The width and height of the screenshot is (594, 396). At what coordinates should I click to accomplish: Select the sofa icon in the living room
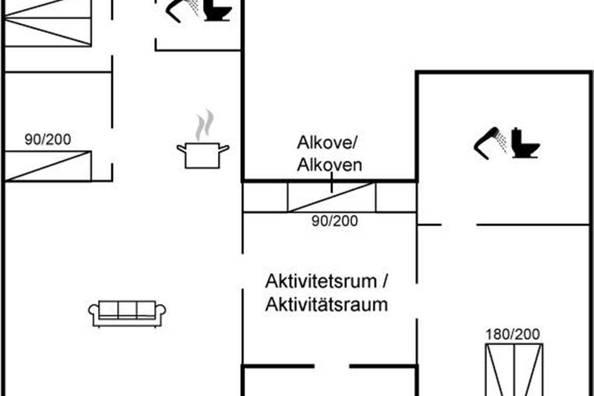[127, 314]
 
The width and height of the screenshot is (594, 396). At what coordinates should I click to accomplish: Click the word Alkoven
[329, 165]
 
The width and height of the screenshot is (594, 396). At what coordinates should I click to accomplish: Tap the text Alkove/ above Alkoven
[327, 143]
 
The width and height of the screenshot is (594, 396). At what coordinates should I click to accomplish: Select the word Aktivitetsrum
[321, 281]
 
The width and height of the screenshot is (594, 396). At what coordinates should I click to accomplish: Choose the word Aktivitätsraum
[326, 304]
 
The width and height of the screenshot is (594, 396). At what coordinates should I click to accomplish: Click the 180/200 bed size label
[513, 334]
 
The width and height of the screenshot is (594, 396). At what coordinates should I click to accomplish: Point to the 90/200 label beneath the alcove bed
[335, 221]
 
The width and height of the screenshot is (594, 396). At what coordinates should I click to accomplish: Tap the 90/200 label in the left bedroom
[48, 140]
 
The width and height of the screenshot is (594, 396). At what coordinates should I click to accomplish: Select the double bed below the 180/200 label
[514, 370]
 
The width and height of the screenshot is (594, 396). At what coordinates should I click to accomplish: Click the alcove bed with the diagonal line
[332, 198]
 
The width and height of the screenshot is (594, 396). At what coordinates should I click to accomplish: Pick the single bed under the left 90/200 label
[48, 166]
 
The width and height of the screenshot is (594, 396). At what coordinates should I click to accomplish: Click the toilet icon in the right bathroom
[526, 143]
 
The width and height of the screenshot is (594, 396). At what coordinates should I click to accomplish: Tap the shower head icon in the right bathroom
[490, 143]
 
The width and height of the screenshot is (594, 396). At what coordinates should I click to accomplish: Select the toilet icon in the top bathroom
[218, 10]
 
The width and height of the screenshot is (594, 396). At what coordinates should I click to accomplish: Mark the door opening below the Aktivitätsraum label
[332, 366]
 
